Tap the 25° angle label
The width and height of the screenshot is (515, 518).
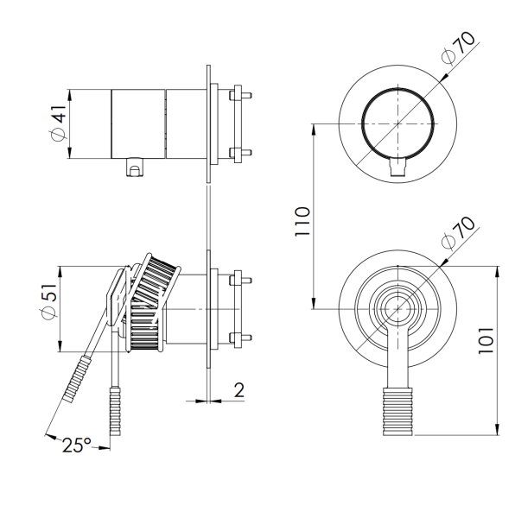(76, 445)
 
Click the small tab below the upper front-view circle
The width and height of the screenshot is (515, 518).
(397, 167)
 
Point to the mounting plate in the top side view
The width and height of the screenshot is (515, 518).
(209, 123)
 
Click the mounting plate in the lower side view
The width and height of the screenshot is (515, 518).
(209, 308)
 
